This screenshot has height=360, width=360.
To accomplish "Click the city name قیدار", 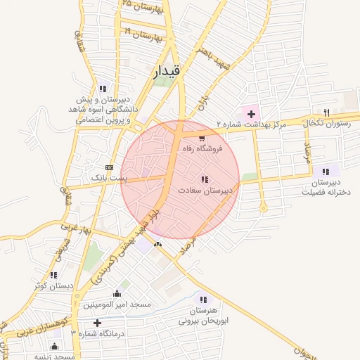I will coord(166,70).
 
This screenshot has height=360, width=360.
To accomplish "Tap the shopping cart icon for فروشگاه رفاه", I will coord(202,138).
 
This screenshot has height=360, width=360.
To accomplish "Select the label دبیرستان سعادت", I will coord(205,190).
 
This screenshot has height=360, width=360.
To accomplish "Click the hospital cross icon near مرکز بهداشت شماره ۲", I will coord(251,113).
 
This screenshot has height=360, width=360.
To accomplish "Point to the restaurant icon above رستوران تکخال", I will coord(326,112).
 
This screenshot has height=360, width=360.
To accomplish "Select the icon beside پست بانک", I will coord(108,167).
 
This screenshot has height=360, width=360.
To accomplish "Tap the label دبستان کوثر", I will coord(53,286).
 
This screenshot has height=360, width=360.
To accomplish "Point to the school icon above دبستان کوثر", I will coord(53,275).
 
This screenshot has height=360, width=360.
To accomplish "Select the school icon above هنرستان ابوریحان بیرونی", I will coord(204,299).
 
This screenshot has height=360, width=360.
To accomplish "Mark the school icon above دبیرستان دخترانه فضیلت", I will coord(326,171).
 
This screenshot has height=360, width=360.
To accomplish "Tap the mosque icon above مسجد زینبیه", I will coord(55,346).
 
